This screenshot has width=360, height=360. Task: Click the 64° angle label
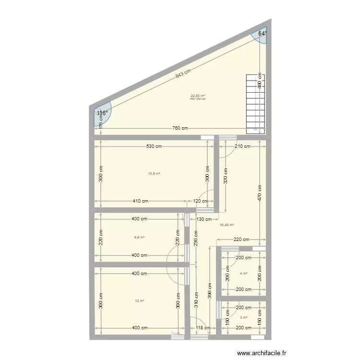262,34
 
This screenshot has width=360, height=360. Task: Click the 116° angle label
101,113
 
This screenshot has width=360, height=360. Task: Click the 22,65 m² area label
198,96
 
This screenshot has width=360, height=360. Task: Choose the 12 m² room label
140,301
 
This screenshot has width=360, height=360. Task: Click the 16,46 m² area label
227,225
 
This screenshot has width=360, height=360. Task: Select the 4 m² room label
244,274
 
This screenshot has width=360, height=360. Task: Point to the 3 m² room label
244,317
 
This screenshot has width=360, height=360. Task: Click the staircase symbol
255,104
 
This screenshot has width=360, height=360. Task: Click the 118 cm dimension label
203,328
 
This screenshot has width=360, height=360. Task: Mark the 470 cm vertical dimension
260,192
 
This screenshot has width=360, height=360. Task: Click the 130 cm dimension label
204,219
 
